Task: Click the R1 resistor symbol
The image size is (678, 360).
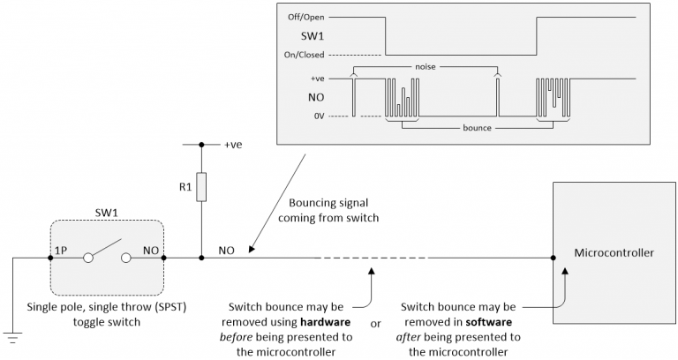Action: (201, 187)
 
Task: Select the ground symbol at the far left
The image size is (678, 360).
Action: (12, 334)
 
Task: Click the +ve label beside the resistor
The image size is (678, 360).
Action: (233, 142)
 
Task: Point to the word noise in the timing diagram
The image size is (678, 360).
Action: (425, 66)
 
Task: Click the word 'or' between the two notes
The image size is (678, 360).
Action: (375, 324)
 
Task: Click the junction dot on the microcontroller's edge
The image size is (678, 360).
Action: (553, 259)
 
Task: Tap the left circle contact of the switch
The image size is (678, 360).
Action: (88, 259)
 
